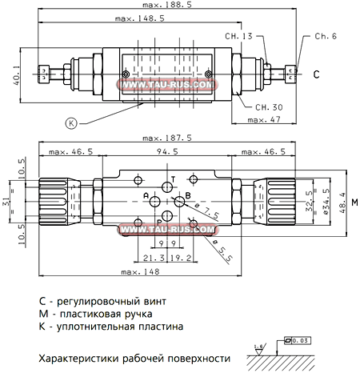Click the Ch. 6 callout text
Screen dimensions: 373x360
click(326, 36)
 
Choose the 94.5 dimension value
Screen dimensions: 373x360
click(166, 150)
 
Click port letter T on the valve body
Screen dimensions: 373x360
click(172, 178)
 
